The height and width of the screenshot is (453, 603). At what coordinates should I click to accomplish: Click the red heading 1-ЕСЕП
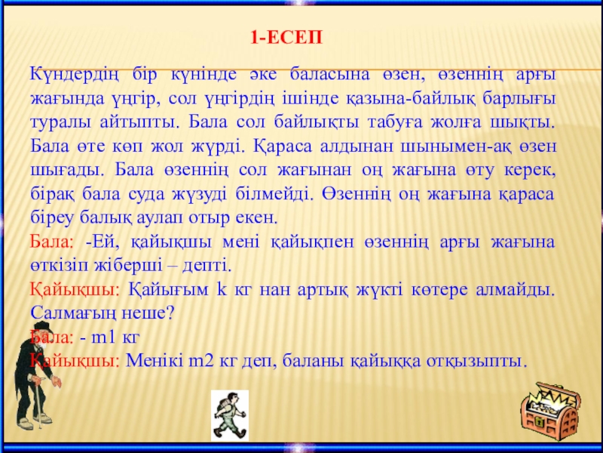[286, 39]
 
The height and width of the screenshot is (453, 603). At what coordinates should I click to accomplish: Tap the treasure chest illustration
[550, 411]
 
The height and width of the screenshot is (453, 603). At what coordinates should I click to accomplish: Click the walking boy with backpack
[230, 415]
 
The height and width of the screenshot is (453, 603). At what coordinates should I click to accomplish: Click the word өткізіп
[62, 267]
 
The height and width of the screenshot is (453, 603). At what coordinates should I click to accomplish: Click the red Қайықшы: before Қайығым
[75, 291]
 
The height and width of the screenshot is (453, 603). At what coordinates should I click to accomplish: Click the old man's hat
[43, 327]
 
